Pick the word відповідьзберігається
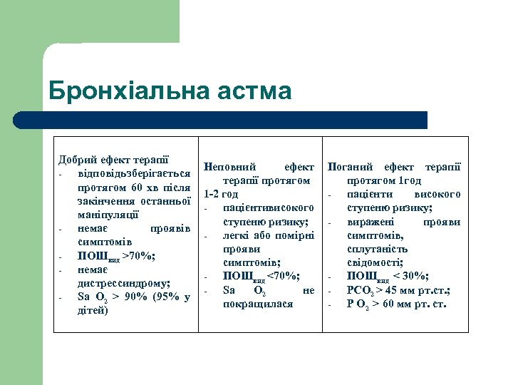tap(134, 173)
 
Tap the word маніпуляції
tap(108, 214)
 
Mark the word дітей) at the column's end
tap(93, 310)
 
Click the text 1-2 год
tap(221, 194)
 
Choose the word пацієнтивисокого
tap(268, 207)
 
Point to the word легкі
tap(236, 235)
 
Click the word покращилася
tap(257, 304)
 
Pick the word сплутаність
tap(378, 249)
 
